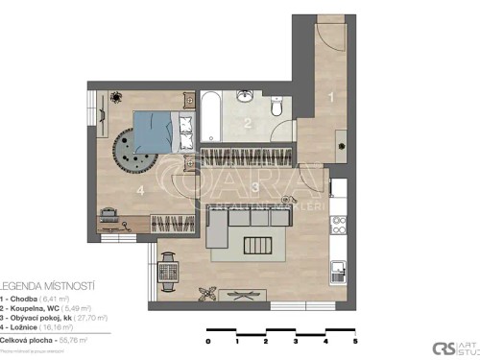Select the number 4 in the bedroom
141,191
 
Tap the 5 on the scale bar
356,341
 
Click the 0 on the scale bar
208,341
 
